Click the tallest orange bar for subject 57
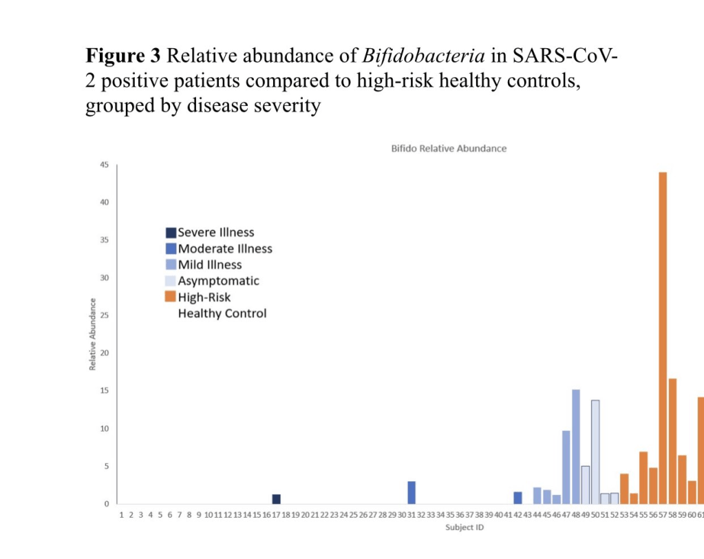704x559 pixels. (663, 337)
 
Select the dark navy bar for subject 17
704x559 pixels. (276, 499)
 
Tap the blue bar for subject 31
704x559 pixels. (412, 492)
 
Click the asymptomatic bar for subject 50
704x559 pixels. (595, 452)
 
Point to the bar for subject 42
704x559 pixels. (518, 498)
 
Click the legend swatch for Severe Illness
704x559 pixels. (171, 233)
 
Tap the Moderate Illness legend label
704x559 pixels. (225, 249)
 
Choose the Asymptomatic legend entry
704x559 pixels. (218, 281)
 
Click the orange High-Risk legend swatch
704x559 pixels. (171, 297)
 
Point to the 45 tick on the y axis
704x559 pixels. (105, 165)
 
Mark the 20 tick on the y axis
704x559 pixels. (105, 353)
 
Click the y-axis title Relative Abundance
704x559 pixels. (92, 334)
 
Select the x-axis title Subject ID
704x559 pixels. (464, 527)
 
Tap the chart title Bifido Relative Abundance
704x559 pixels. (449, 148)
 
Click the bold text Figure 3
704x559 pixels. (122, 54)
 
